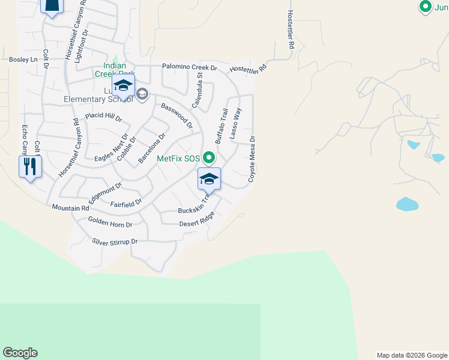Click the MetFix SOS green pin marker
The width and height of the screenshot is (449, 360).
pyautogui.click(x=209, y=158)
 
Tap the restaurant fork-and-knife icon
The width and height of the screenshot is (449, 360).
pyautogui.click(x=30, y=166)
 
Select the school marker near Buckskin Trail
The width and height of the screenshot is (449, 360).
pyautogui.click(x=209, y=179)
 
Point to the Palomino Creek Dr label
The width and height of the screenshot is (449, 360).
pyautogui.click(x=189, y=68)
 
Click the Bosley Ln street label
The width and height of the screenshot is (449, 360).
pyautogui.click(x=23, y=59)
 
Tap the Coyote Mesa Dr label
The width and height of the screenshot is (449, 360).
pyautogui.click(x=252, y=159)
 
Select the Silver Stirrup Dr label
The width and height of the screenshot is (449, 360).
pyautogui.click(x=115, y=242)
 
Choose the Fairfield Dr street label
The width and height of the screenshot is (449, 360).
pyautogui.click(x=126, y=204)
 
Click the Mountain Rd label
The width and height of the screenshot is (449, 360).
pyautogui.click(x=70, y=208)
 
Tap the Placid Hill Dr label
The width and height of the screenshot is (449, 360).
pyautogui.click(x=103, y=115)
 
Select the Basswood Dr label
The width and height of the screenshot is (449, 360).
pyautogui.click(x=176, y=116)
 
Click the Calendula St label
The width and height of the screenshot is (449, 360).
pyautogui.click(x=197, y=90)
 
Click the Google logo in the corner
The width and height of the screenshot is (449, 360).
pyautogui.click(x=20, y=353)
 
